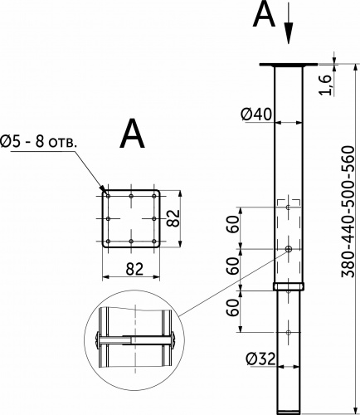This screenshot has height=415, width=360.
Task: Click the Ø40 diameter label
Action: coord(256,115)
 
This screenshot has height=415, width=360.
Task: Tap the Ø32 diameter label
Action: coord(260,359)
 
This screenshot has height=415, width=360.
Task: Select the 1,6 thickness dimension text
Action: coord(325,85)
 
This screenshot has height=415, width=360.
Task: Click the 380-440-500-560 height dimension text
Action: coord(348,212)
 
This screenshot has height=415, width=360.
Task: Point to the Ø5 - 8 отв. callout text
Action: coord(38,142)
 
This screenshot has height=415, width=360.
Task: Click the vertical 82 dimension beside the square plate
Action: coord(174,218)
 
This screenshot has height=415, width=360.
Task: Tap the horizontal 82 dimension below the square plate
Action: coord(134,269)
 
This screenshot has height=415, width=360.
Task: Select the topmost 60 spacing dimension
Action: coord(232,225)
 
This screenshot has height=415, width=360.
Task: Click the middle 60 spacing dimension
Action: coord(232,266)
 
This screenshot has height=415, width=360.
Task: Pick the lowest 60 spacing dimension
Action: coord(232,308)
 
